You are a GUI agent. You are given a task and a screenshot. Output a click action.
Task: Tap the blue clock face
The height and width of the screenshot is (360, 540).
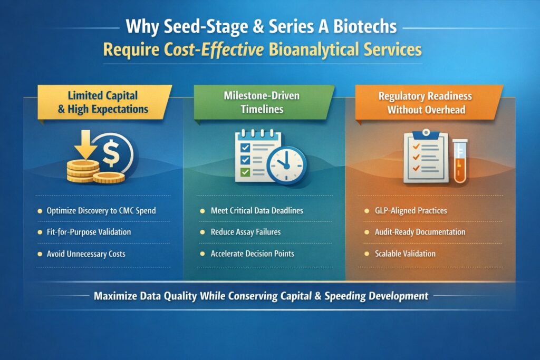pyautogui.click(x=285, y=164)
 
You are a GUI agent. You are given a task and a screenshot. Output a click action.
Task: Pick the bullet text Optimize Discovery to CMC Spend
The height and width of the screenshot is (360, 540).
pyautogui.click(x=101, y=211)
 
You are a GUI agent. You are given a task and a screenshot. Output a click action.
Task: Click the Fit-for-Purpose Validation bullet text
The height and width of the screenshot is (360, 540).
pyautogui.click(x=89, y=232)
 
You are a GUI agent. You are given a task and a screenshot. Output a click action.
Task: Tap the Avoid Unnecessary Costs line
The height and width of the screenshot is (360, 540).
pyautogui.click(x=86, y=254)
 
